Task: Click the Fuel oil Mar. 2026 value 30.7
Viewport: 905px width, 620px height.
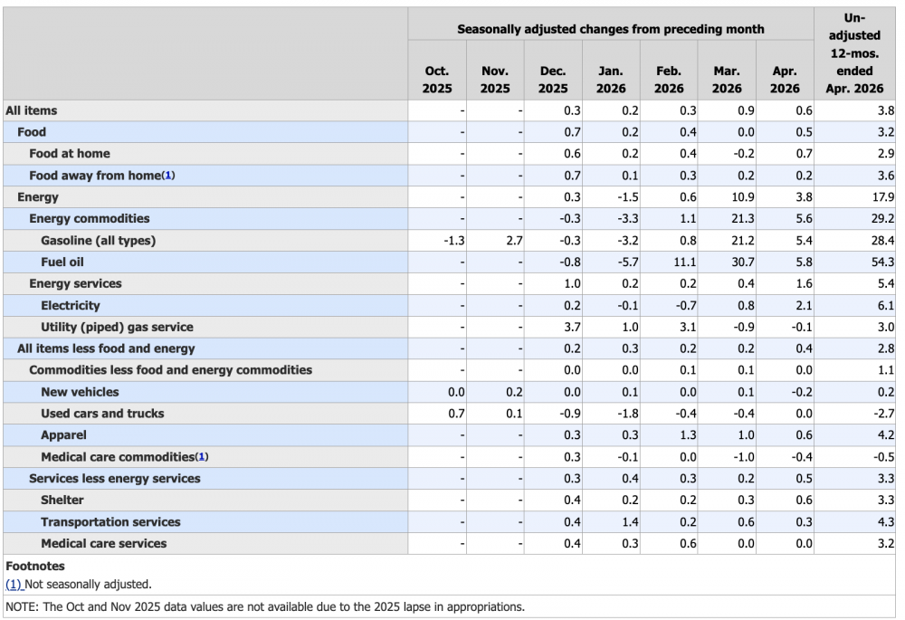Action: pyautogui.click(x=743, y=262)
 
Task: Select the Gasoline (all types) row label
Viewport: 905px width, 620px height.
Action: pyautogui.click(x=98, y=240)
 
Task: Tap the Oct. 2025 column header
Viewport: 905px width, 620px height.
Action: pyautogui.click(x=437, y=80)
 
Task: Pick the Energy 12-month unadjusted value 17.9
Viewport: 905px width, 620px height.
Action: pyautogui.click(x=883, y=196)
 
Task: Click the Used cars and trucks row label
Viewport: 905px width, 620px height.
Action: pyautogui.click(x=102, y=414)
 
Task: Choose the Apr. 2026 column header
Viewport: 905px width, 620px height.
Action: pyautogui.click(x=785, y=80)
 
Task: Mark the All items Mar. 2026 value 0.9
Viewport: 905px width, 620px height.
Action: pyautogui.click(x=746, y=110)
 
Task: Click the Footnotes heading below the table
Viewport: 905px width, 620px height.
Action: pyautogui.click(x=35, y=566)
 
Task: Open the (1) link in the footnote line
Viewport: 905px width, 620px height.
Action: pyautogui.click(x=14, y=584)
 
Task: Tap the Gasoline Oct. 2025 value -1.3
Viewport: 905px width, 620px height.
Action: pyautogui.click(x=454, y=240)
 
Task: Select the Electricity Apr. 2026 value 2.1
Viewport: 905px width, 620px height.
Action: pyautogui.click(x=804, y=305)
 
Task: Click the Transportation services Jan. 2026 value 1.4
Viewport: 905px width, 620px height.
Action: pyautogui.click(x=630, y=522)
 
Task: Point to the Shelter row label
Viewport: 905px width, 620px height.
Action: pyautogui.click(x=62, y=500)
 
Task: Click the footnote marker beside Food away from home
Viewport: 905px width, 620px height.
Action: pyautogui.click(x=168, y=175)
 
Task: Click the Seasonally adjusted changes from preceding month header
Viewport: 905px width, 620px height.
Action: pyautogui.click(x=611, y=29)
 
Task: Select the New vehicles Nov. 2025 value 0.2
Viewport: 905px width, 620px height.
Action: pyautogui.click(x=514, y=392)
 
